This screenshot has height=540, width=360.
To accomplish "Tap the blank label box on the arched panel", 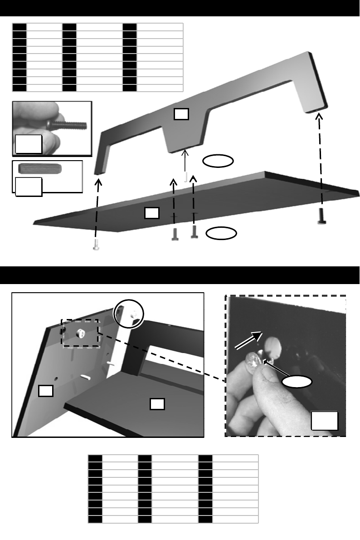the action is (x=180, y=115).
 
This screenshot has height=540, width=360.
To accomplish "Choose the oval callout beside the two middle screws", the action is (x=221, y=233).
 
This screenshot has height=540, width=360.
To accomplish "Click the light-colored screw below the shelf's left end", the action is (x=96, y=245).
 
